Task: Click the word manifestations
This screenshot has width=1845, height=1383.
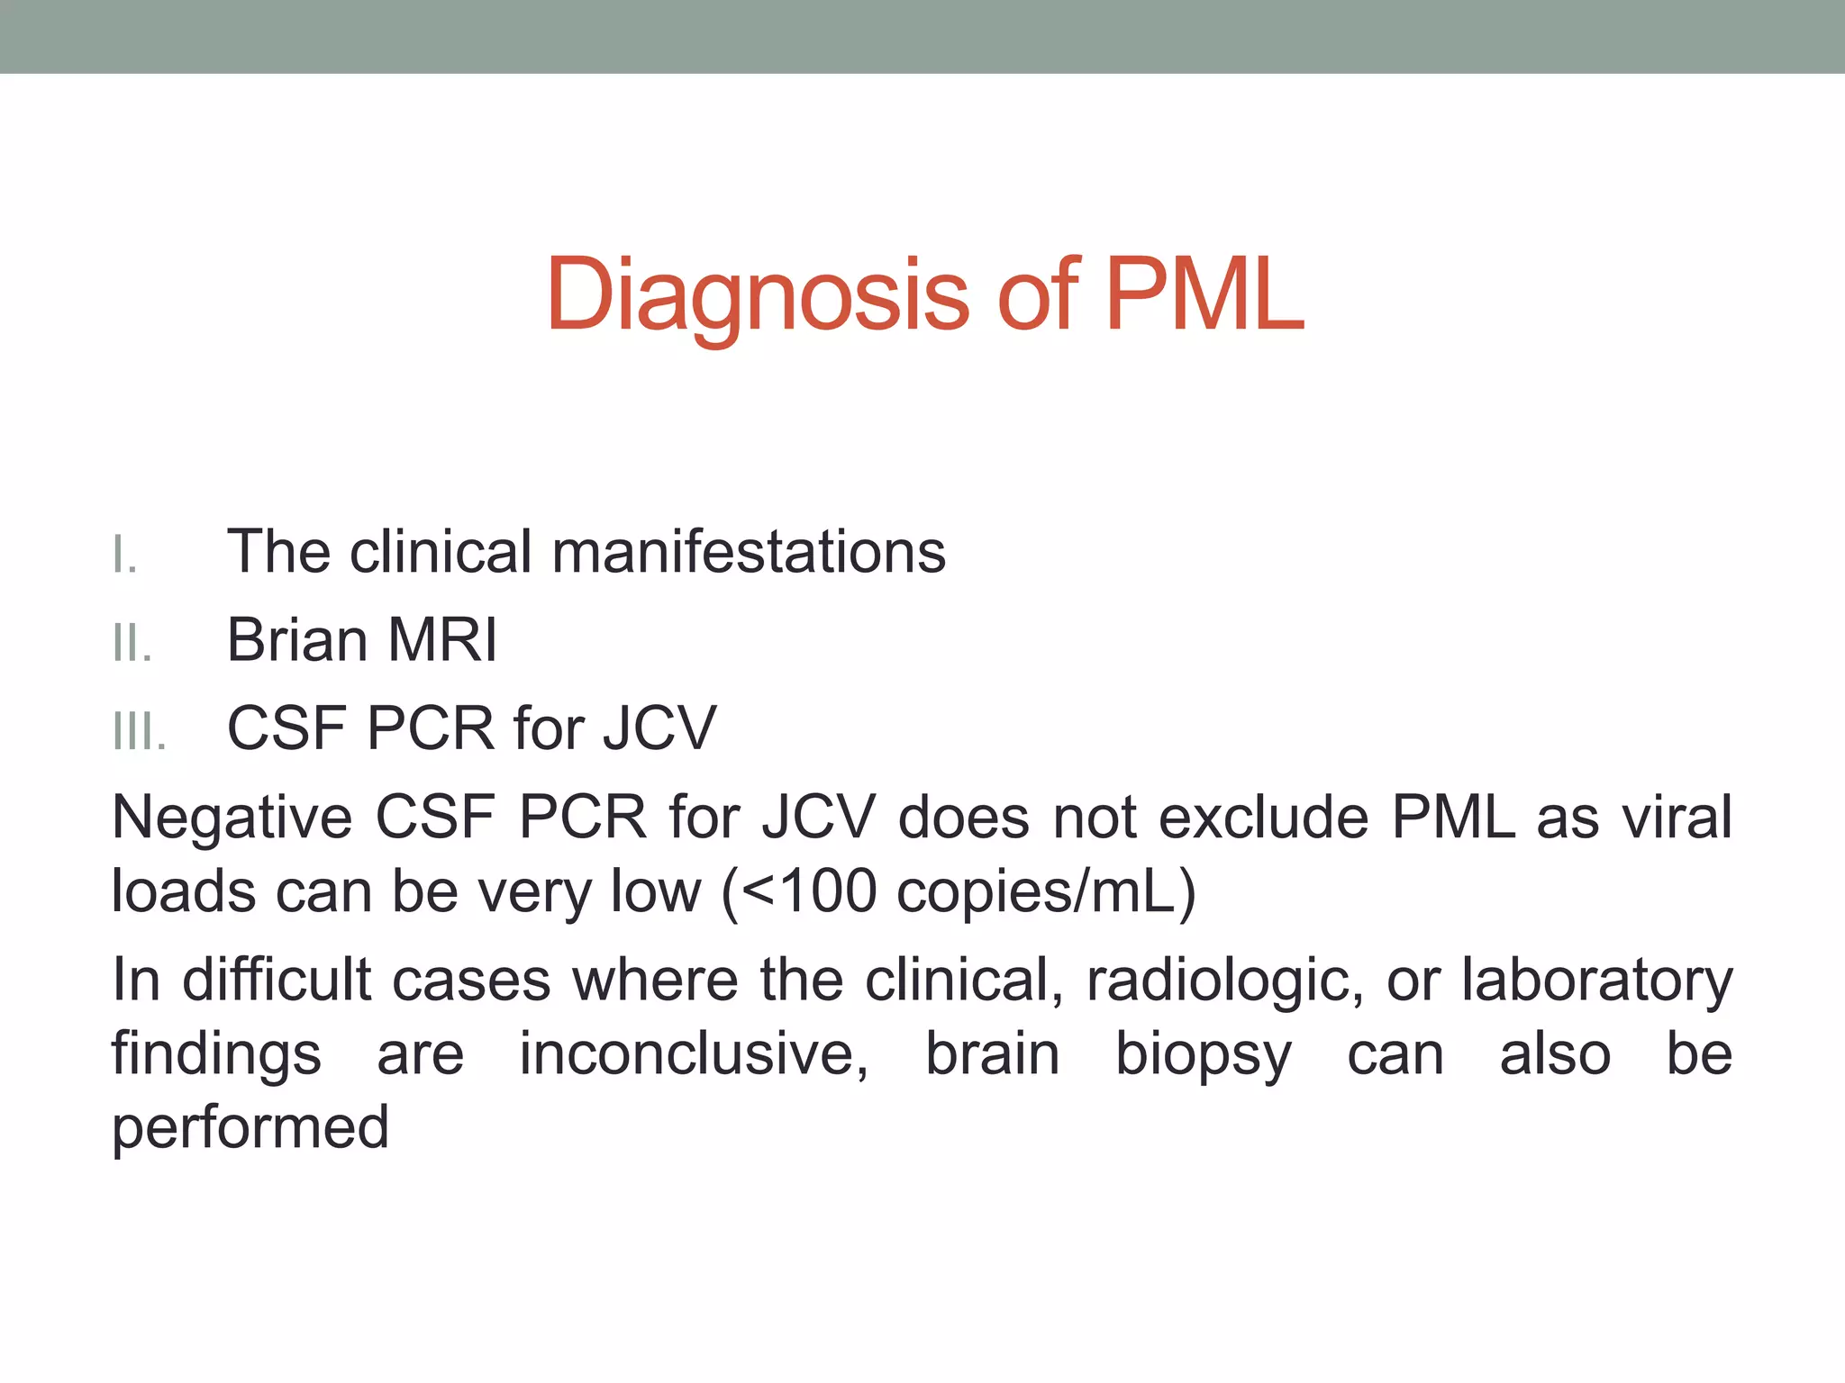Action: (x=749, y=551)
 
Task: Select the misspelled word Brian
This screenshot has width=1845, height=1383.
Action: (x=297, y=640)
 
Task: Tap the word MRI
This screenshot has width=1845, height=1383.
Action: (x=441, y=640)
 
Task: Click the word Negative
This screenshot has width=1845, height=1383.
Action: (x=232, y=818)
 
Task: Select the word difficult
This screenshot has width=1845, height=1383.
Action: (x=276, y=980)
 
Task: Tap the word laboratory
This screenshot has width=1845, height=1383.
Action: (x=1596, y=980)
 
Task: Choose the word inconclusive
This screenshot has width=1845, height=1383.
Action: (x=694, y=1053)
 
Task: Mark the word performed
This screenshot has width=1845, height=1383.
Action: (x=250, y=1127)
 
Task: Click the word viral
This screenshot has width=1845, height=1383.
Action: (x=1677, y=818)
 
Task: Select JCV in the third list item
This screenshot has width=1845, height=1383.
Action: (x=659, y=728)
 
